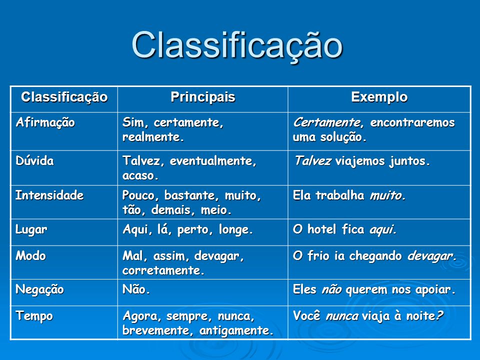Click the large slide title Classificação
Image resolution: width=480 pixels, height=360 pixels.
pyautogui.click(x=237, y=45)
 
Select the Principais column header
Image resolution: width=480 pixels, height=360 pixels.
pyautogui.click(x=202, y=97)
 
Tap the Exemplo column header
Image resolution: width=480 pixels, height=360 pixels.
pyautogui.click(x=379, y=97)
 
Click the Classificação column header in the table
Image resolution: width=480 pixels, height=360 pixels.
pyautogui.click(x=64, y=97)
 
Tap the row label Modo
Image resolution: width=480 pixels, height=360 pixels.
pyautogui.click(x=31, y=255)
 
